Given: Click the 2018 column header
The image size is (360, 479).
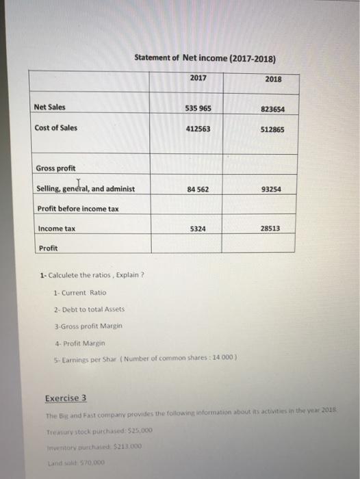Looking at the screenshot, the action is [x=272, y=79].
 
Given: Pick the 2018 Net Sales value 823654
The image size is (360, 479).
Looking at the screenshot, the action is [x=272, y=109].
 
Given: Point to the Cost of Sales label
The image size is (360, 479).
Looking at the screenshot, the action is [x=55, y=128].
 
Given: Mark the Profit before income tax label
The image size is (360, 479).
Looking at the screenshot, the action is [x=77, y=209].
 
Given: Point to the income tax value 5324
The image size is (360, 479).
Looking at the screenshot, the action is [x=197, y=229].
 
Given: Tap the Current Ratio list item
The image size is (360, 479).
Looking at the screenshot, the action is [x=79, y=293].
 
